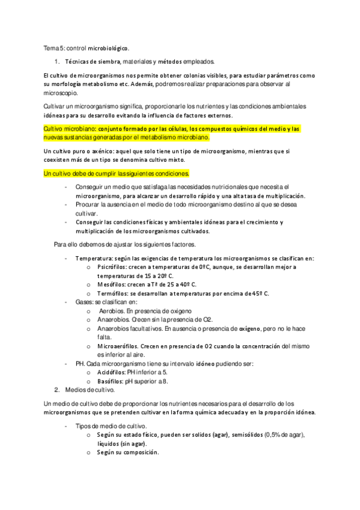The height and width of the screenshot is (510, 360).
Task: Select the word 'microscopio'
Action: pyautogui.click(x=61, y=93)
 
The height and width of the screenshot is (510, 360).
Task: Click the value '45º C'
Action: pyautogui.click(x=259, y=293)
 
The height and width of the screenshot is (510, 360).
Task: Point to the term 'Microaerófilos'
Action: pyautogui.click(x=118, y=346)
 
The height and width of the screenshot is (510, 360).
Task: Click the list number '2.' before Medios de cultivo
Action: pyautogui.click(x=57, y=390)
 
